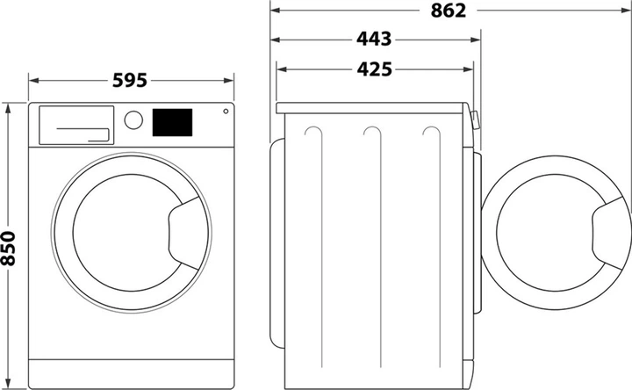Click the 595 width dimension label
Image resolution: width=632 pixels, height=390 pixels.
131,80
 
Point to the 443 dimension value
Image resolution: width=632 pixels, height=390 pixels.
375,40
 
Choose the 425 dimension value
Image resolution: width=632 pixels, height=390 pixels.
375,69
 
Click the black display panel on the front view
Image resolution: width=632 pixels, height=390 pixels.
173,122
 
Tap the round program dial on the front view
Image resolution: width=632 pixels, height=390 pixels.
133,120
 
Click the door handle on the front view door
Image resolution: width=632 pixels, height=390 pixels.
185,231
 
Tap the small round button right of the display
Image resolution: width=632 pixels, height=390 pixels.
226,112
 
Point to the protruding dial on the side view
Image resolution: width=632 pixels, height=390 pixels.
475,120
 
